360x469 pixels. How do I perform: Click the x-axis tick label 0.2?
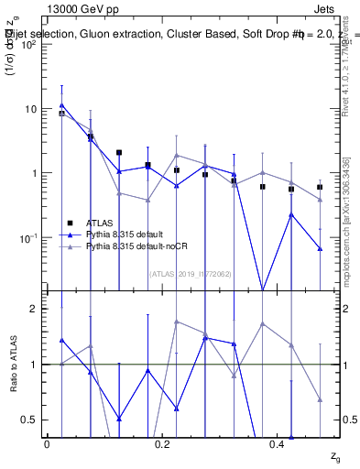click(x=162, y=443)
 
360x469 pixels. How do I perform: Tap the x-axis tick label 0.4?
click(x=277, y=443)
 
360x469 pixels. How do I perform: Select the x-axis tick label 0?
click(x=47, y=443)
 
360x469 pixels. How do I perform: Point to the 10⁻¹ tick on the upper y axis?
click(x=27, y=238)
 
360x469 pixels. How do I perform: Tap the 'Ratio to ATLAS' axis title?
click(x=13, y=365)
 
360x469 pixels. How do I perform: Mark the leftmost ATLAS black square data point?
click(x=61, y=114)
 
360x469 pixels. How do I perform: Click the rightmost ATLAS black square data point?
click(x=320, y=187)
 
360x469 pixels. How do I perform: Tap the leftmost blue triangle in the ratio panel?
click(x=61, y=340)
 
